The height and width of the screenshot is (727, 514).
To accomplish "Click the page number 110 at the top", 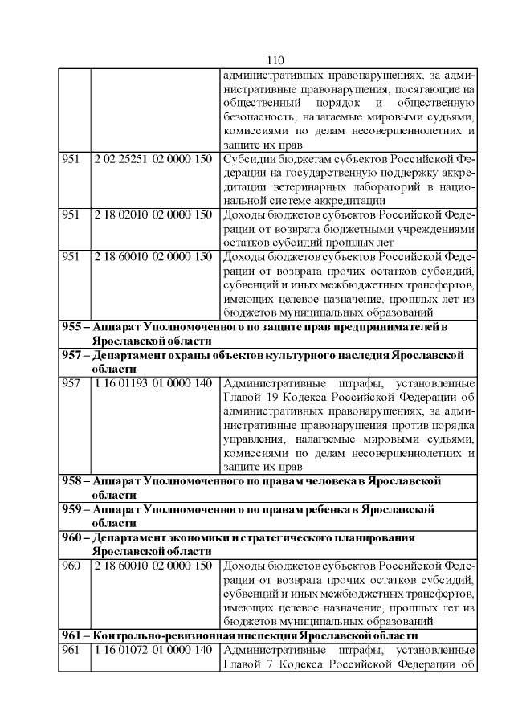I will [275, 61].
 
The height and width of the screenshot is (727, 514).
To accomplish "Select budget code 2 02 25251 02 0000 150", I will [153, 159].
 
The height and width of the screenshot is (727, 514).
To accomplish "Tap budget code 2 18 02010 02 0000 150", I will [153, 214].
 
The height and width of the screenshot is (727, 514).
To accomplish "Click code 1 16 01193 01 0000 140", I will [153, 383].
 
